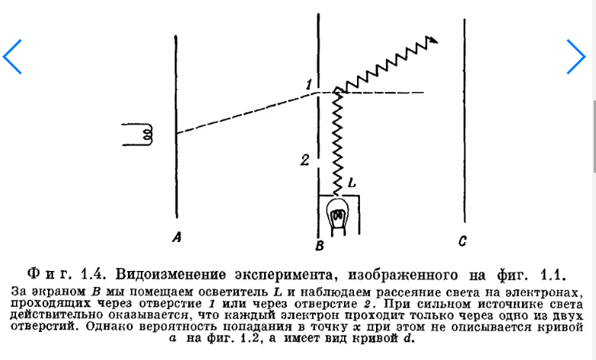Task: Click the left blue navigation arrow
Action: point(11,56)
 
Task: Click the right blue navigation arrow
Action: point(576,56)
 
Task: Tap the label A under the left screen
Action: point(177,237)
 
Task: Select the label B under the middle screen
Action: point(319,246)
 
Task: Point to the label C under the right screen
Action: point(462,241)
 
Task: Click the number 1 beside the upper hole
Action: point(309,84)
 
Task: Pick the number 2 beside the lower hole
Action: point(304,160)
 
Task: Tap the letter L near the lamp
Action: point(352,183)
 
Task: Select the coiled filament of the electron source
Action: point(147,134)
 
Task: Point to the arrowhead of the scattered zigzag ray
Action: point(433,40)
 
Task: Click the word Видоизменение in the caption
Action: point(171,274)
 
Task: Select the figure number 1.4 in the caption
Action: point(93,274)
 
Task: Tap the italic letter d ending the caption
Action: point(407,338)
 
